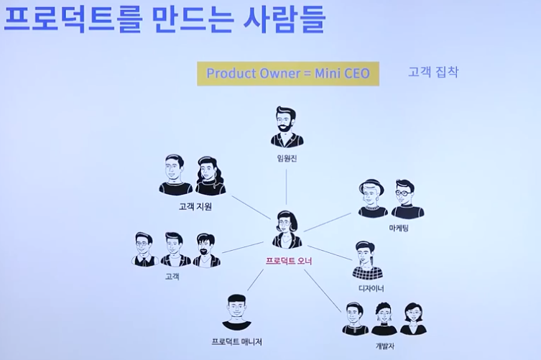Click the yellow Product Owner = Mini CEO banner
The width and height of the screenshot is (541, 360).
[x=288, y=73]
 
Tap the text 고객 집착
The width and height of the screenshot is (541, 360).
[x=433, y=72]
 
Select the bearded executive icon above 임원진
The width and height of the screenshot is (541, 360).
[x=287, y=127]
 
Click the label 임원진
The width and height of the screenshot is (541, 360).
[x=287, y=157]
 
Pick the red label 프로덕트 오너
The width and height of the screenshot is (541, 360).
[x=288, y=259]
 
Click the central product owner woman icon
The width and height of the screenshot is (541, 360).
[x=287, y=229]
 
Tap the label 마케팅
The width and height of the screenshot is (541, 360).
[x=399, y=229]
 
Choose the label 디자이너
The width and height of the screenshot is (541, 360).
[x=371, y=288]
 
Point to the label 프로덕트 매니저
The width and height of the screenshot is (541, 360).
[x=237, y=342]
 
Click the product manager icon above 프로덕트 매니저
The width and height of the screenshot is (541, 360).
[x=236, y=312]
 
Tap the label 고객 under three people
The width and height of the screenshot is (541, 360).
[x=172, y=276]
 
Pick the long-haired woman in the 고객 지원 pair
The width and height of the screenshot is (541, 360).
[x=210, y=175]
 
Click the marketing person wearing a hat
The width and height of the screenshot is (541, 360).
[x=372, y=198]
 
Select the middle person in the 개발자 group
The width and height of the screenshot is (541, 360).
[x=384, y=319]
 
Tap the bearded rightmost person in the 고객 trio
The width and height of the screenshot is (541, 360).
[x=205, y=250]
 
